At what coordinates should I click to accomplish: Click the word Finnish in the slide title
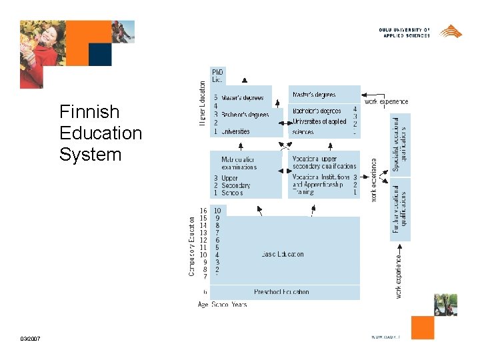[89, 111]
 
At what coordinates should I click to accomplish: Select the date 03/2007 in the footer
[30, 339]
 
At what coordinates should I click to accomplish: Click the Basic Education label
[283, 254]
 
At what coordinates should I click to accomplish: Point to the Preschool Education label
[281, 292]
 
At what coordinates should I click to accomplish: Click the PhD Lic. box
[218, 75]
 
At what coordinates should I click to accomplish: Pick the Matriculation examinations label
[238, 163]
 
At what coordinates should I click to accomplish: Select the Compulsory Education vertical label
[192, 245]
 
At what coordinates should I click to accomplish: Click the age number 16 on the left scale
[203, 211]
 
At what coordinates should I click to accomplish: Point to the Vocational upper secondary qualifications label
[324, 163]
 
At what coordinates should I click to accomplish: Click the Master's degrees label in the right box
[314, 95]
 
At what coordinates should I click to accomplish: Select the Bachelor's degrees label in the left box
[245, 115]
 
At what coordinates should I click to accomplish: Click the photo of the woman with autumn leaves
[41, 54]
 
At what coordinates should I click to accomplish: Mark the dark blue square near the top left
[100, 55]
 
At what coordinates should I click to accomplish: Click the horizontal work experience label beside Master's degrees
[386, 101]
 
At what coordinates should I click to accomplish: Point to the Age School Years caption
[222, 305]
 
